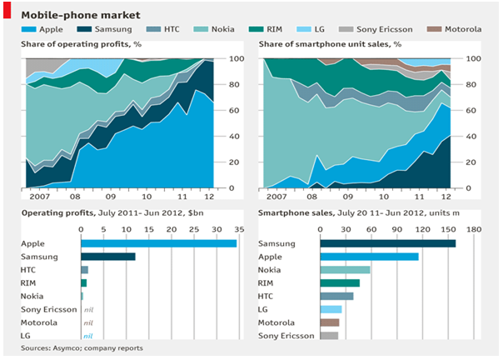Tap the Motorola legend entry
[x=465, y=30]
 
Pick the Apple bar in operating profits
[x=158, y=242]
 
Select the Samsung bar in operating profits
[x=108, y=257]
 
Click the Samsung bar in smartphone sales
[x=388, y=242]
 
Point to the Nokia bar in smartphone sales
[x=346, y=269]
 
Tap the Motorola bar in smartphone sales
[x=330, y=322]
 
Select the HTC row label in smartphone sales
[x=266, y=296]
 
